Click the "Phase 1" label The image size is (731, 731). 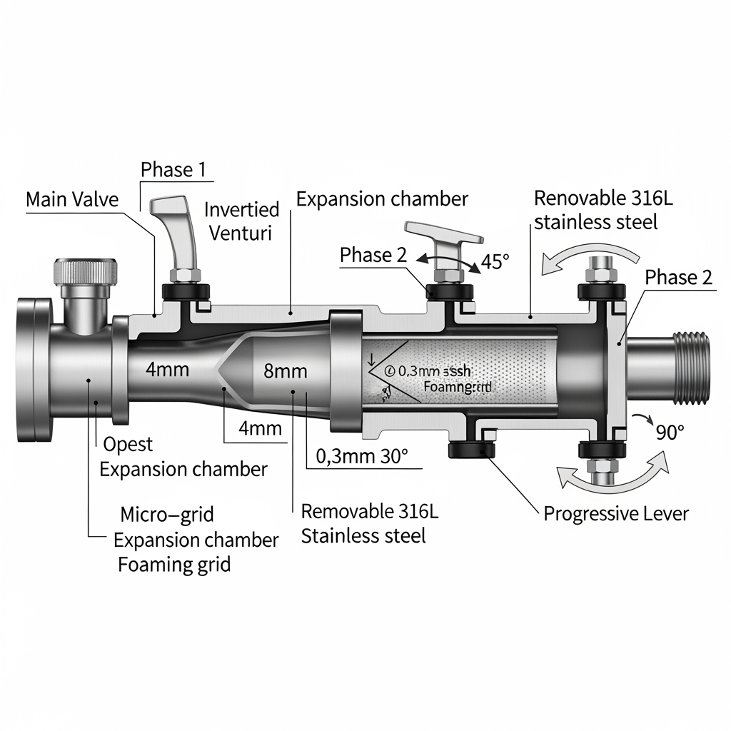pos(173,169)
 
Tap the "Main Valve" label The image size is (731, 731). pos(72,199)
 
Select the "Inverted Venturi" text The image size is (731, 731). pos(241,221)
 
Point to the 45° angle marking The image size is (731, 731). pos(496,261)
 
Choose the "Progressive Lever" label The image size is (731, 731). pos(616,513)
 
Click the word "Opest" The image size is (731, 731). pos(128,444)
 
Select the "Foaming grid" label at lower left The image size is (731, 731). pos(174,565)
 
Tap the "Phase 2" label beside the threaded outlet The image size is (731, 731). pos(678,278)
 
